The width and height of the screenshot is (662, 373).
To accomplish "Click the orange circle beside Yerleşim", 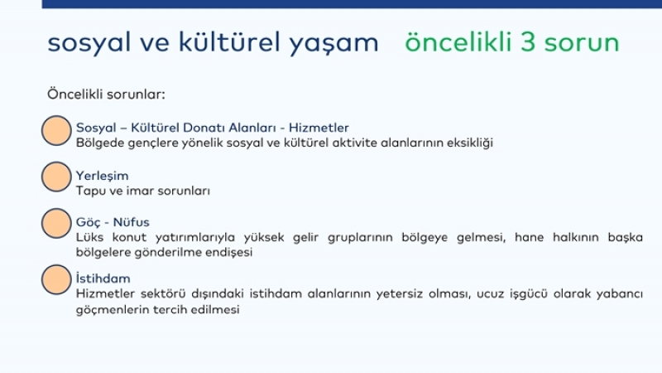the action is pos(56,177).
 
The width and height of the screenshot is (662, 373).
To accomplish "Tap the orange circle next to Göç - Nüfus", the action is pos(56,223).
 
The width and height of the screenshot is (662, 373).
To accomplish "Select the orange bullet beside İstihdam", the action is pos(56,279).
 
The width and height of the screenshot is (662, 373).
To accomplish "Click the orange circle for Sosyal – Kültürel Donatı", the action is pos(56,131).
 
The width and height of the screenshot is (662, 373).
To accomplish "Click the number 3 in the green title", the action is pos(528,42).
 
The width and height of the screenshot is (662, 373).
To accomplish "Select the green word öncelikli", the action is pos(458,42).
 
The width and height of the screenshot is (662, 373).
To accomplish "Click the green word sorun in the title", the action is pos(582,45).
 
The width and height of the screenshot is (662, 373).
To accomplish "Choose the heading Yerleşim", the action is pos(102,176).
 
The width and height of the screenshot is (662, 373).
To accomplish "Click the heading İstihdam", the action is pos(103,279).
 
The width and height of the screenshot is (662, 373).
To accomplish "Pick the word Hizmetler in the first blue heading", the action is pos(319,128).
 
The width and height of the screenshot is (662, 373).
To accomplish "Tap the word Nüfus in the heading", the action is pos(132,222).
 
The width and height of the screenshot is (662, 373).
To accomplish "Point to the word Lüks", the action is pos(89,237).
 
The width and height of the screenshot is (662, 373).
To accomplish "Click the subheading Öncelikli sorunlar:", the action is pos(106,94).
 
